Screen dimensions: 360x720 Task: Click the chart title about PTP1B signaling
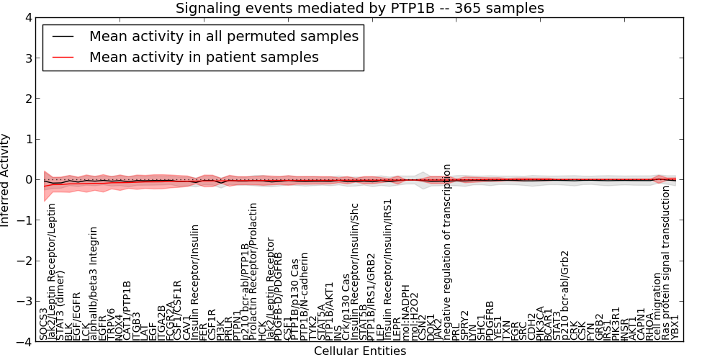tap(360, 8)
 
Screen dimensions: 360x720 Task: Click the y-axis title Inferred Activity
tap(6, 180)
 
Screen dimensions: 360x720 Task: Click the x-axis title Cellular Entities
tap(360, 351)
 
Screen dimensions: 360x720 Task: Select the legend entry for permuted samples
tap(223, 36)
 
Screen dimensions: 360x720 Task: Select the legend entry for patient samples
tap(204, 57)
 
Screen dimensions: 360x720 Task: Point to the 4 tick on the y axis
tap(27, 17)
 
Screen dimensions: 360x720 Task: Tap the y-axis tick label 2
tap(27, 99)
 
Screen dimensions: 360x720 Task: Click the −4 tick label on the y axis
tap(24, 343)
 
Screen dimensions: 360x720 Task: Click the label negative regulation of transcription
tap(447, 252)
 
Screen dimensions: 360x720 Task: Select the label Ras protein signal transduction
tap(666, 263)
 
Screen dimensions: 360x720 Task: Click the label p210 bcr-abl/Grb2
tap(565, 295)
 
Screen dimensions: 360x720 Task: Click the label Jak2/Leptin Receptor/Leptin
tap(52, 281)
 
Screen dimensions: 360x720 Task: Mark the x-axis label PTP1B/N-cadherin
tap(304, 296)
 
